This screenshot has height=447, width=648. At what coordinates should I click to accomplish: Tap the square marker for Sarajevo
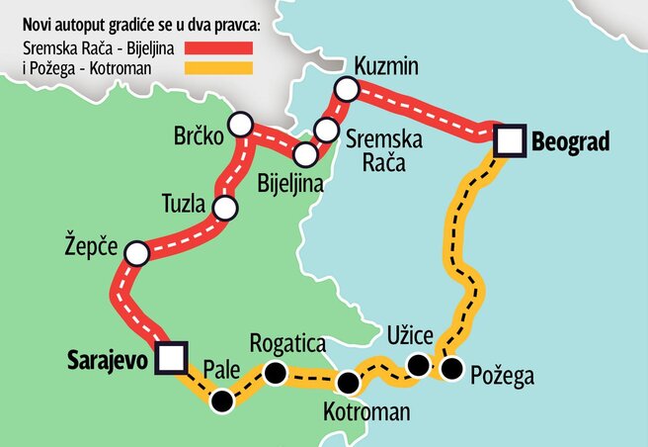[x=174, y=358]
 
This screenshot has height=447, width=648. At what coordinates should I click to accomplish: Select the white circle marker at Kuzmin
[x=346, y=89]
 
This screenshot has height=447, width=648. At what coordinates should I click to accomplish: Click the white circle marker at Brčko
[x=239, y=125]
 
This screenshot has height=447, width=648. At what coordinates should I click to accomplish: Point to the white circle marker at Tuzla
[x=226, y=209]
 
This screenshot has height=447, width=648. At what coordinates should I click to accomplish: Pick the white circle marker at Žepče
[x=136, y=254]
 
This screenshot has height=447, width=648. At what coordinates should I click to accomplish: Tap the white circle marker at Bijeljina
[x=306, y=154]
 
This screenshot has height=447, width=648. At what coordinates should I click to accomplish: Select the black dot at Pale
[x=224, y=400]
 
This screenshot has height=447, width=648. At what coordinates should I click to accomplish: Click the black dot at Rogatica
[x=275, y=374]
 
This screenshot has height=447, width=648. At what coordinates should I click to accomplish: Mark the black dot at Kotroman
[x=347, y=383]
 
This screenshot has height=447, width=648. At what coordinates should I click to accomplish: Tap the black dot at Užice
[x=419, y=367]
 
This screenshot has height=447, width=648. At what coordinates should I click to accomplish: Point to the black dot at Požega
[x=452, y=370]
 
